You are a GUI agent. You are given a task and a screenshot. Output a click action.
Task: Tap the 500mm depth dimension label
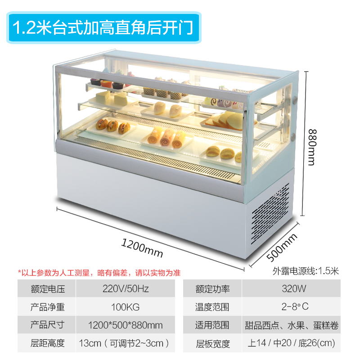point(282,247)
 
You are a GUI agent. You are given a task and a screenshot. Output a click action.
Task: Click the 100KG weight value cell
point(125,307)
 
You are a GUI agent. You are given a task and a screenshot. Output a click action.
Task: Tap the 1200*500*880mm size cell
point(125,325)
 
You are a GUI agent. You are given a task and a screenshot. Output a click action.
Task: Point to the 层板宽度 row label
point(212,344)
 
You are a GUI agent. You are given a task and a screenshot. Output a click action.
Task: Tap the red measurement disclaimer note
point(99,273)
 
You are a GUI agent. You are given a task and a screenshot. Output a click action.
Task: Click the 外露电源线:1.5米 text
point(306,271)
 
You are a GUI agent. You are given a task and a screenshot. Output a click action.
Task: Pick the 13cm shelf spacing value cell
point(125,343)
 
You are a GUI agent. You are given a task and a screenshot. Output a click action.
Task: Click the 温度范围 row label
point(212,307)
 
